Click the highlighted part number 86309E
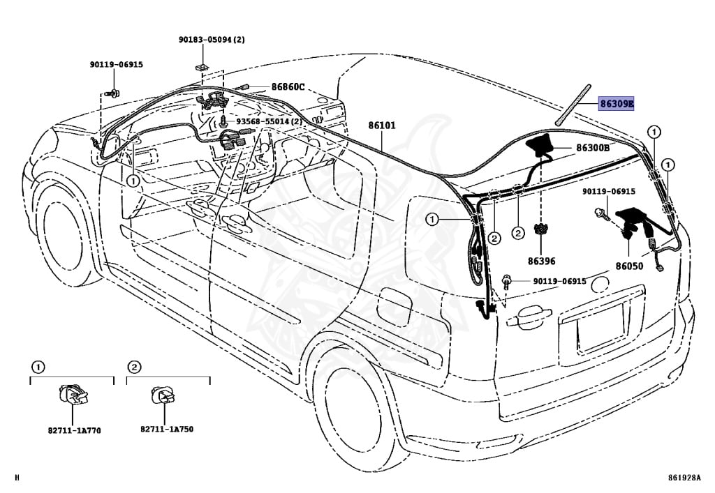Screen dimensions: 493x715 coord(617,105)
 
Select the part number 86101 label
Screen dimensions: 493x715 coord(382,126)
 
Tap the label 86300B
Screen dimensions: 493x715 coord(593,148)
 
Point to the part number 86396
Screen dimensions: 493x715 coord(542,261)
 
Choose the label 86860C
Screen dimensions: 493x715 coord(288,87)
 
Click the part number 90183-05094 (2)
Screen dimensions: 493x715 coord(212,40)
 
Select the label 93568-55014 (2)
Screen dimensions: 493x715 coord(269,121)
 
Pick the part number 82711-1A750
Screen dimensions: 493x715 coord(167,429)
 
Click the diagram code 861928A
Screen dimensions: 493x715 coord(683,478)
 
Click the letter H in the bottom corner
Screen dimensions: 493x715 coord(17,478)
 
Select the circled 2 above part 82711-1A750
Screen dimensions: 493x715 coord(134,367)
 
